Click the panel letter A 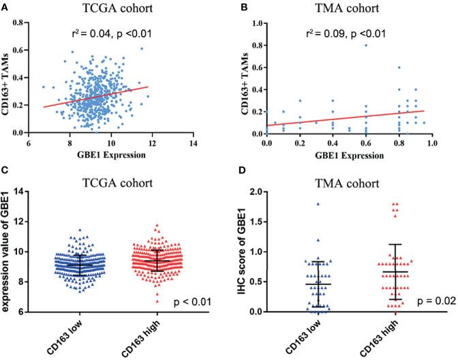coord(5,5)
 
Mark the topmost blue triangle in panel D coord(298,203)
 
